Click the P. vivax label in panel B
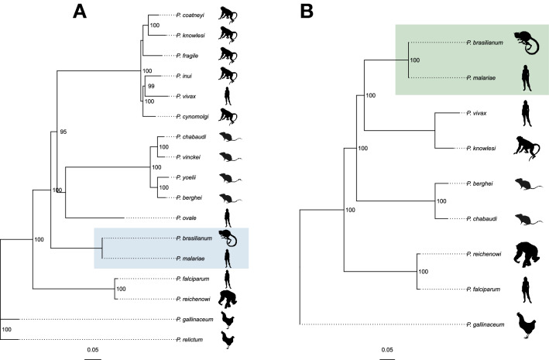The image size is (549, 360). point(475,113)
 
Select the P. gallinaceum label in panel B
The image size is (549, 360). point(485,324)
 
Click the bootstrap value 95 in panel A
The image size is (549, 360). point(64,132)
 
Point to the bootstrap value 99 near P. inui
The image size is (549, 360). point(152,87)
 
